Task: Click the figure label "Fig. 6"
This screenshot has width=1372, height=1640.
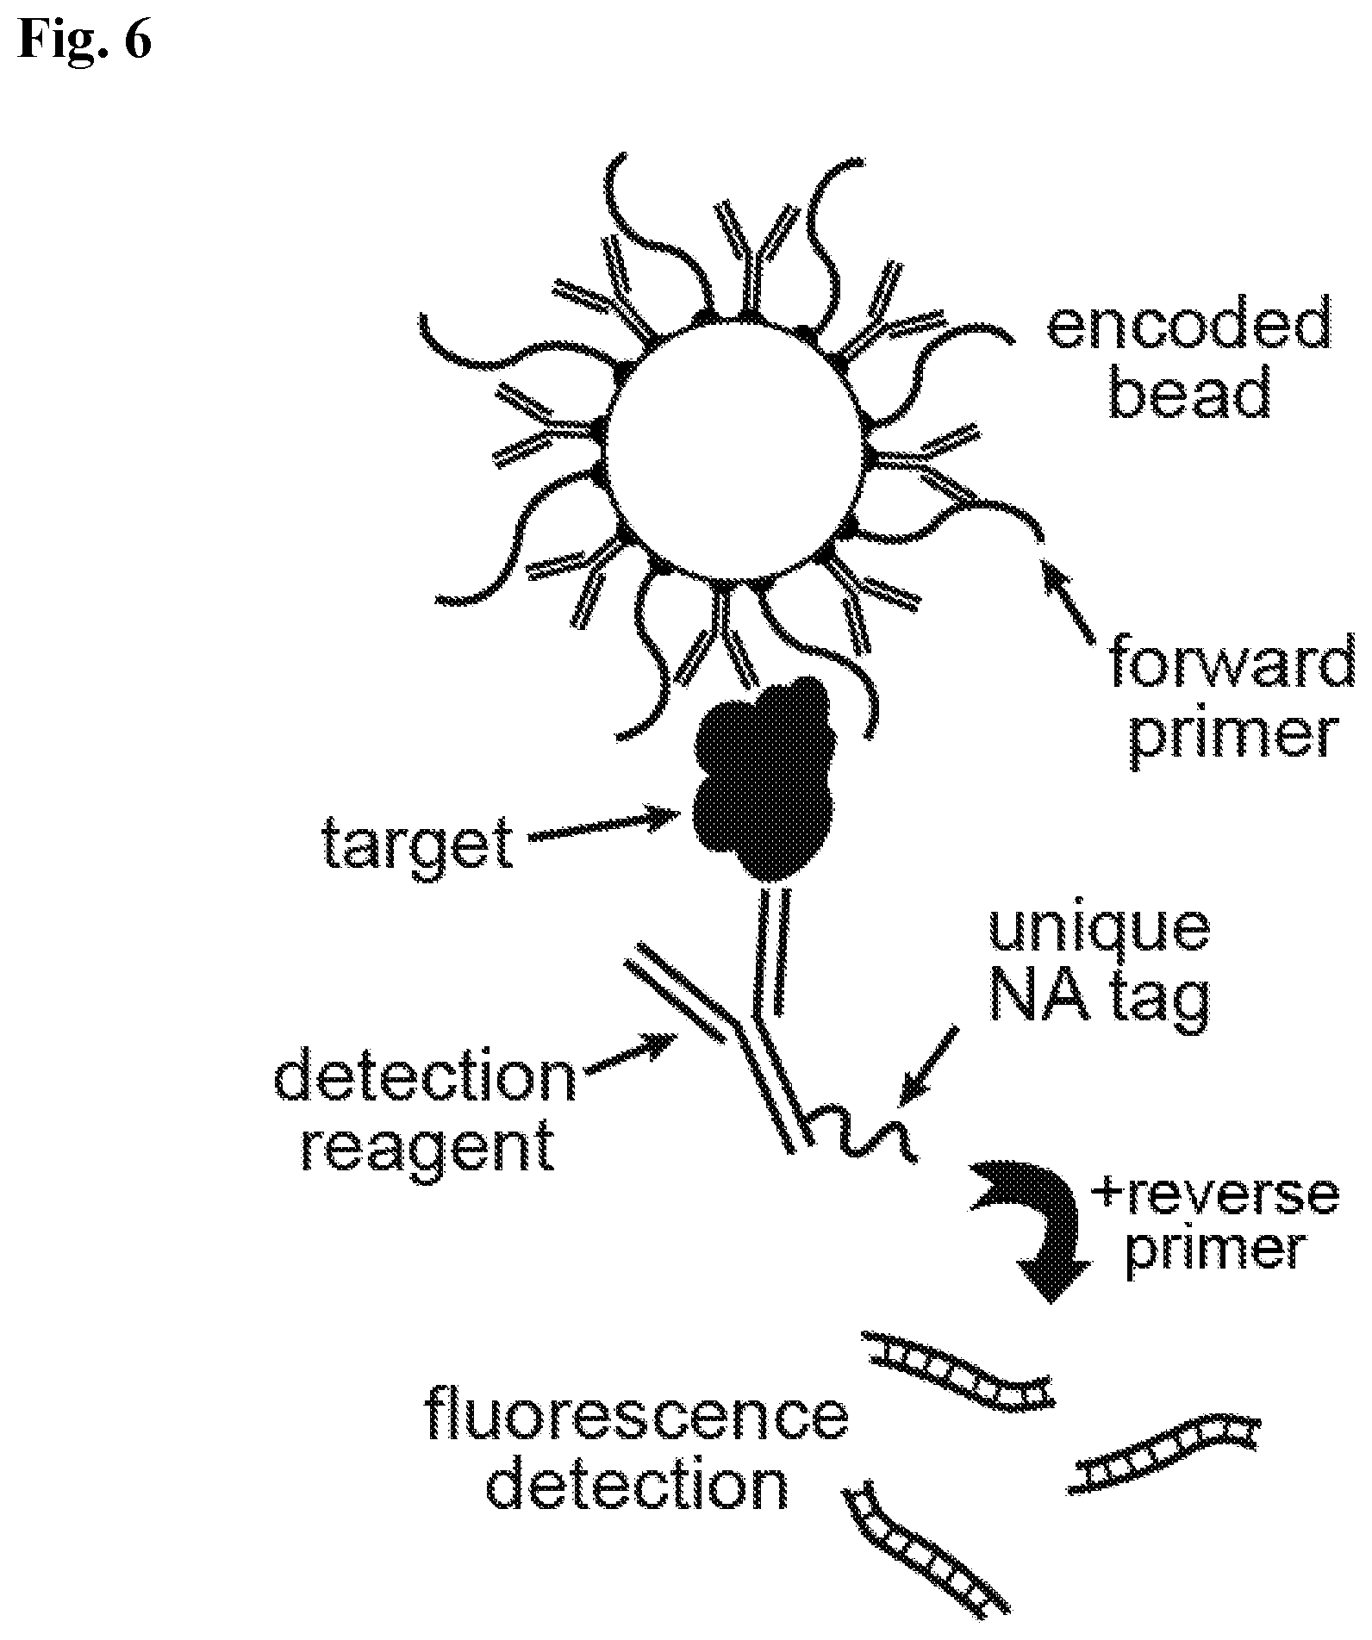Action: [x=84, y=39]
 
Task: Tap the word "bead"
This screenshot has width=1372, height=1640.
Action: [x=1188, y=391]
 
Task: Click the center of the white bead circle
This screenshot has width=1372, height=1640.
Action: [x=733, y=448]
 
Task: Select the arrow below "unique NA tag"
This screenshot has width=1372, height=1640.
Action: [x=928, y=1064]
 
